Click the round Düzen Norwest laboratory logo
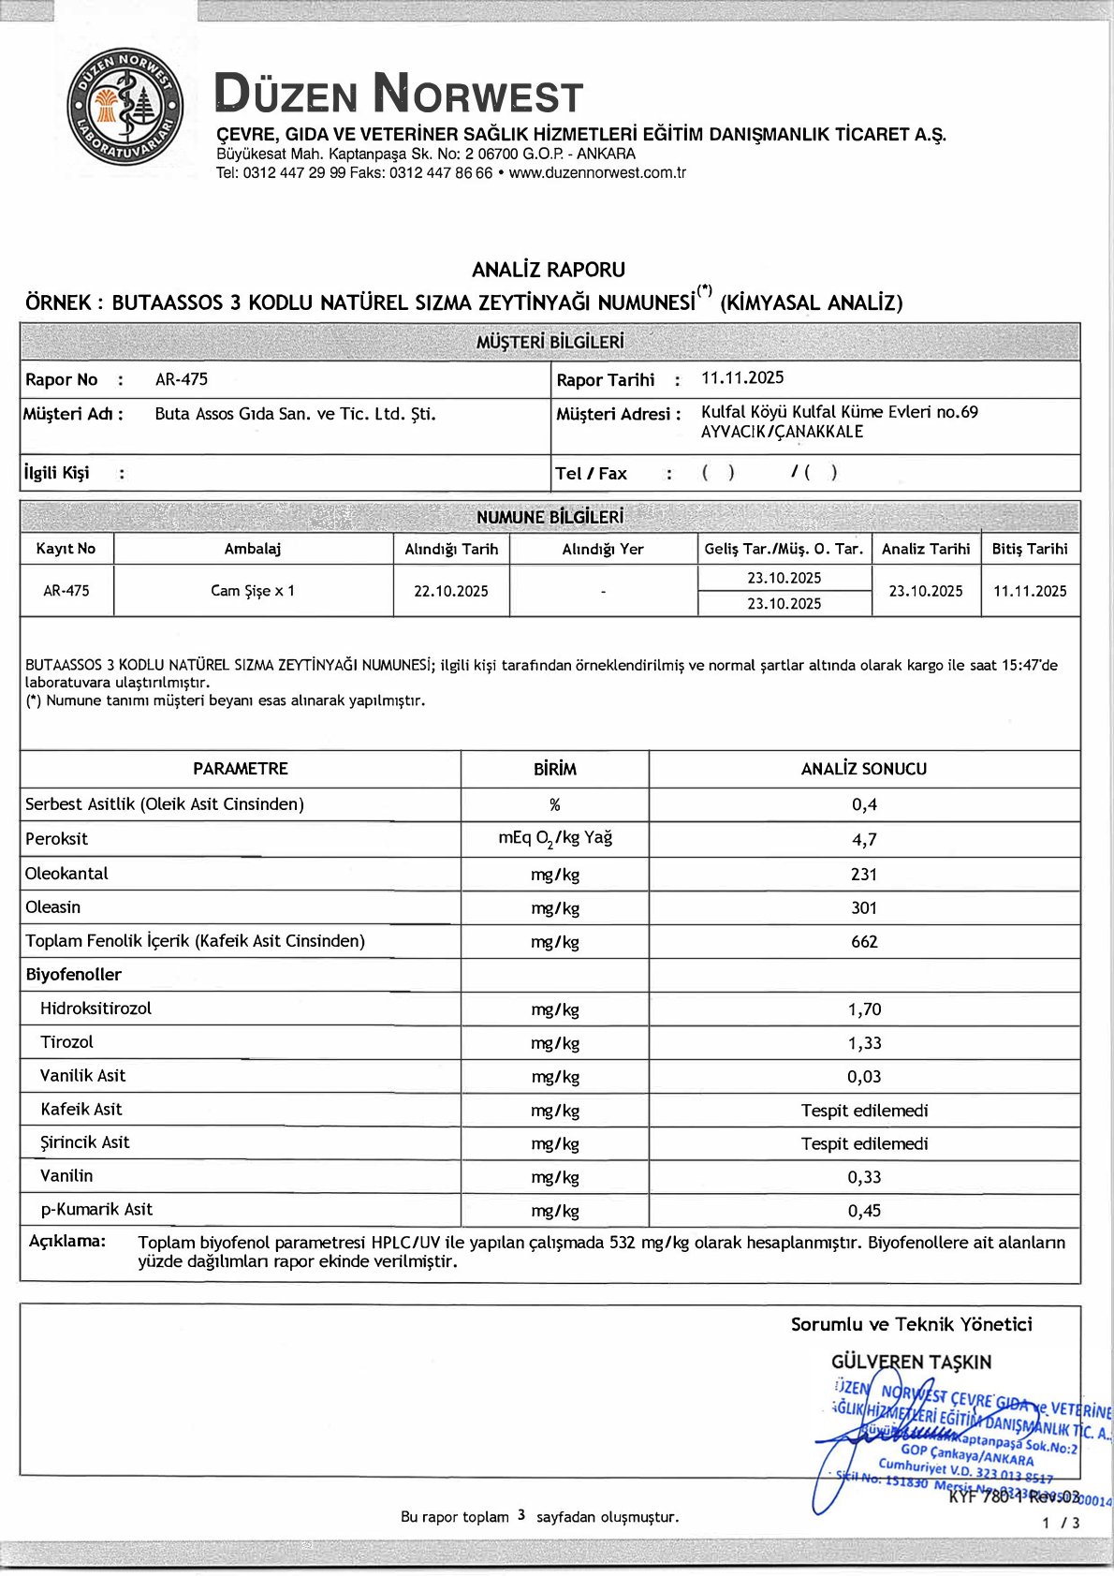tap(125, 108)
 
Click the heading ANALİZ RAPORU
tap(549, 270)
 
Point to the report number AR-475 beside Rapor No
tap(182, 379)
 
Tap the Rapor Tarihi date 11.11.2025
tap(742, 377)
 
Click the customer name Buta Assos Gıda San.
tap(295, 414)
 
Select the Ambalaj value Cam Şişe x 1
tap(253, 591)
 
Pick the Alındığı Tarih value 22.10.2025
tap(451, 591)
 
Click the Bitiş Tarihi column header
tap(1030, 549)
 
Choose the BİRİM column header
tap(555, 769)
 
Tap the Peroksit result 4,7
tap(864, 840)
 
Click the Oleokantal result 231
tap(864, 875)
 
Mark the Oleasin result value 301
tap(864, 907)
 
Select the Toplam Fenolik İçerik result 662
tap(864, 942)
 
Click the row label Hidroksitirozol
tap(95, 1009)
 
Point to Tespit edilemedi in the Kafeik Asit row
tap(864, 1111)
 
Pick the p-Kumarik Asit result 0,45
tap(864, 1211)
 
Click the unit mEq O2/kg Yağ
tap(555, 839)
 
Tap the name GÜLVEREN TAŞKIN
tap(911, 1362)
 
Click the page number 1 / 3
tap(1061, 1523)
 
